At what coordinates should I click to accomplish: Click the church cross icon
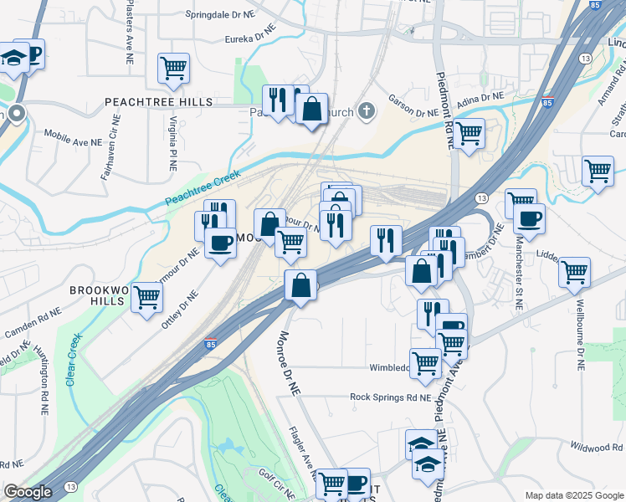click(x=366, y=110)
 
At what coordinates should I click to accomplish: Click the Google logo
click(x=28, y=492)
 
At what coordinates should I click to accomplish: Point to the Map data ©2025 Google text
click(x=573, y=495)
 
